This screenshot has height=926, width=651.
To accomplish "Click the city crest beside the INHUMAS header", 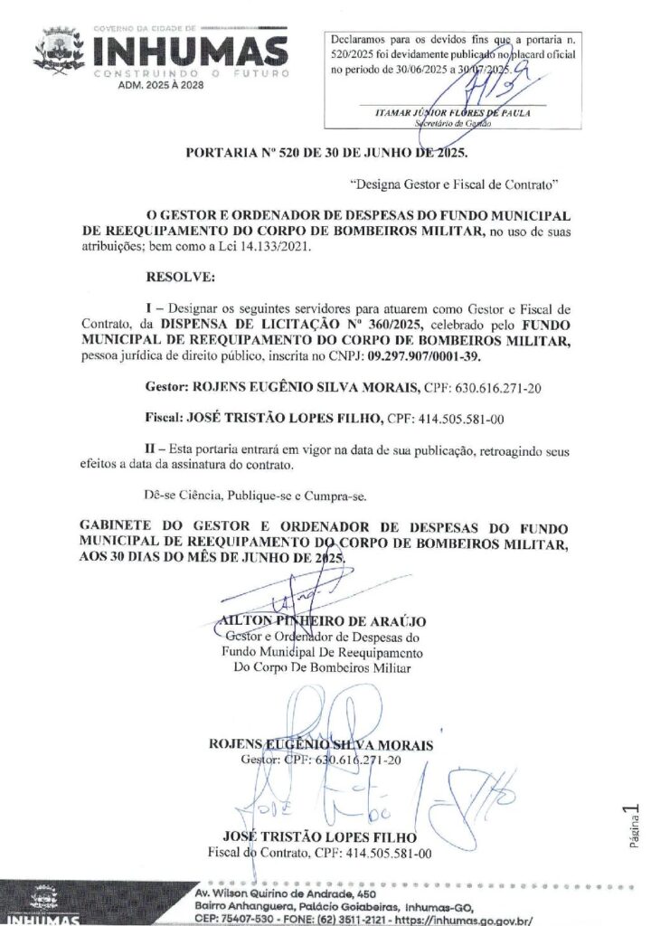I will (57, 49).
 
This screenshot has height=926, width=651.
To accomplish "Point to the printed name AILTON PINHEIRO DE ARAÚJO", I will (323, 622).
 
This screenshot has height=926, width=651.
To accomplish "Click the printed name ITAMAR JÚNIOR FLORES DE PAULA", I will (452, 112).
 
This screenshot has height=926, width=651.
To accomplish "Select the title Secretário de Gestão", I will (452, 124).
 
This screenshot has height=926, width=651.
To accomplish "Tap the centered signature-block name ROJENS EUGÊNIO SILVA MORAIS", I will (321, 745).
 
